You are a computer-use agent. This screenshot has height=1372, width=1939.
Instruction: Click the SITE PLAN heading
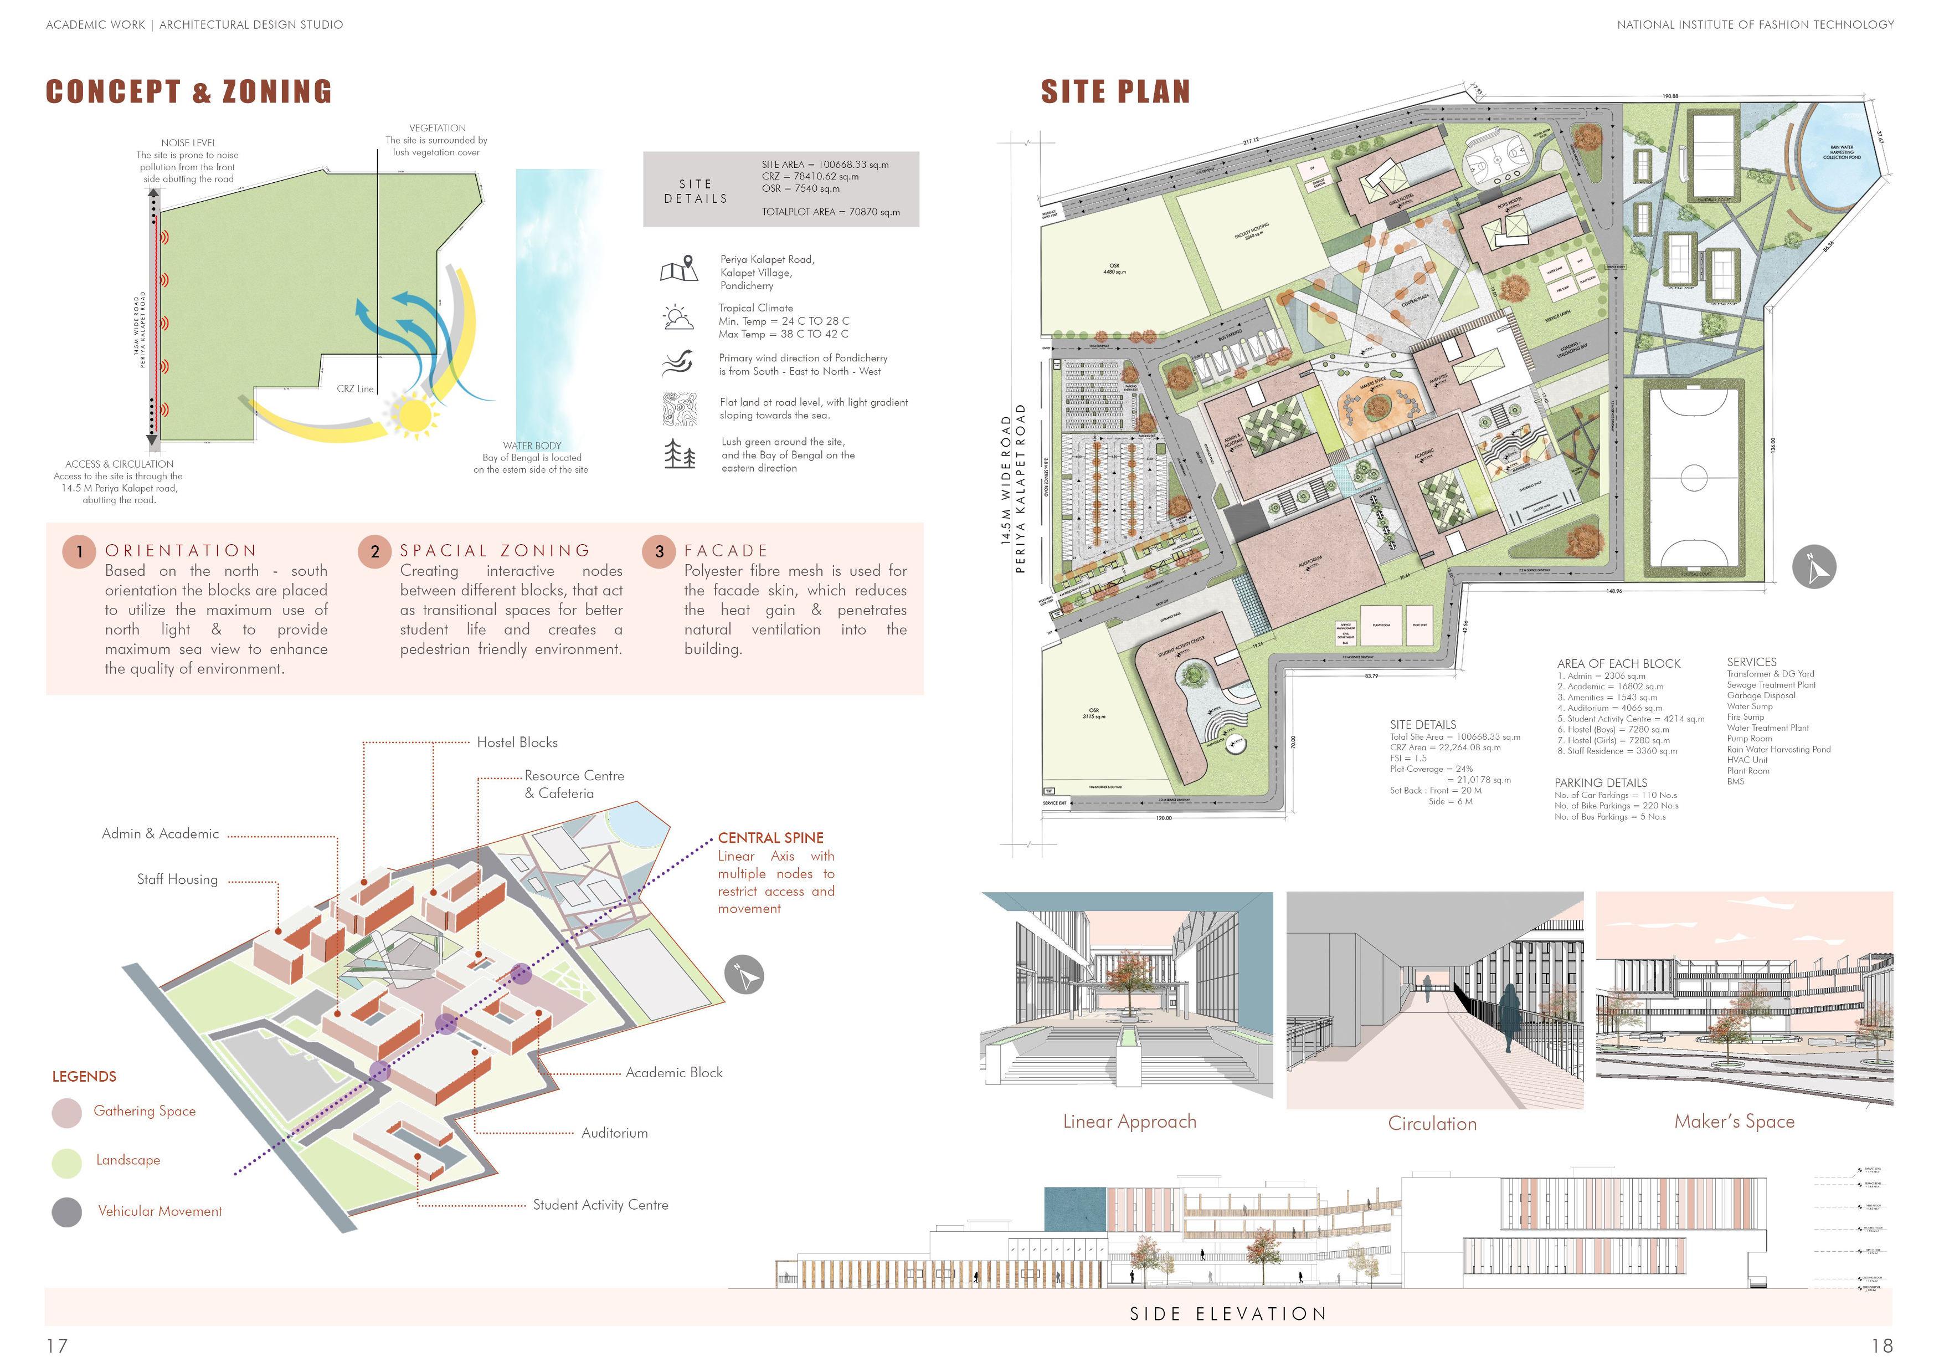pos(1115,91)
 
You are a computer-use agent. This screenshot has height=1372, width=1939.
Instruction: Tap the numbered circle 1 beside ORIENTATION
pos(79,552)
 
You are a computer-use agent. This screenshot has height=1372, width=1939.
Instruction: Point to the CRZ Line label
pos(354,388)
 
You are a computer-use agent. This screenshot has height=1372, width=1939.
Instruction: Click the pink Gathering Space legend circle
pos(66,1113)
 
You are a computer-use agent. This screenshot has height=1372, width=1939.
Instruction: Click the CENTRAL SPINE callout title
pos(770,838)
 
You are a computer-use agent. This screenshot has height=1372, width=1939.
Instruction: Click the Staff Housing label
pos(177,879)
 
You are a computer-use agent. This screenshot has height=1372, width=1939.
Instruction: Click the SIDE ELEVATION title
pos(1228,1314)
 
